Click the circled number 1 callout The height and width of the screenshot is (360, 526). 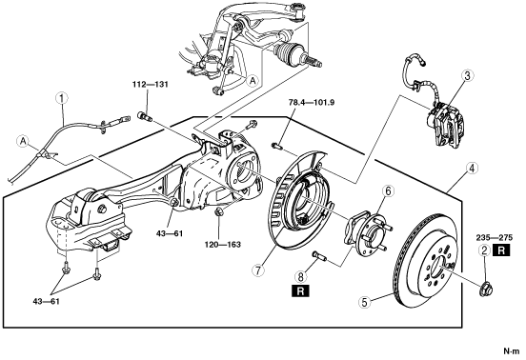pyautogui.click(x=62, y=98)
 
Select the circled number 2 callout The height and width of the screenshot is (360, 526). pyautogui.click(x=484, y=250)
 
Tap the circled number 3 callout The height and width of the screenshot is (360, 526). pyautogui.click(x=467, y=76)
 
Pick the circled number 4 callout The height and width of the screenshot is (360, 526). pyautogui.click(x=472, y=169)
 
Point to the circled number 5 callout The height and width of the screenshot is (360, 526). pyautogui.click(x=365, y=302)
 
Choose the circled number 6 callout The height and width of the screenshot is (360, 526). pyautogui.click(x=389, y=191)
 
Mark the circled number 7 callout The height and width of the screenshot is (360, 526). pyautogui.click(x=258, y=270)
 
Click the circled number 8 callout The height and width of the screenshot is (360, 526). pyautogui.click(x=300, y=276)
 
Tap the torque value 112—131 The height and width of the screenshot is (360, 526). pyautogui.click(x=150, y=85)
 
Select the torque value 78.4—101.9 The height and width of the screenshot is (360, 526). pyautogui.click(x=312, y=102)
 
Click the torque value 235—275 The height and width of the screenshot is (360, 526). pyautogui.click(x=495, y=238)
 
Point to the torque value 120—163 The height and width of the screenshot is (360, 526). pyautogui.click(x=223, y=245)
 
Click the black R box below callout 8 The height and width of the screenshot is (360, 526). pyautogui.click(x=300, y=290)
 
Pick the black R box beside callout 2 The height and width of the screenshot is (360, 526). pyautogui.click(x=501, y=250)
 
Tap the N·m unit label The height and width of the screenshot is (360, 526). pyautogui.click(x=512, y=351)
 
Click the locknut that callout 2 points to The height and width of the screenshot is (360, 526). pyautogui.click(x=485, y=290)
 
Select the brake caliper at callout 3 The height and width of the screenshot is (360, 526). pyautogui.click(x=445, y=124)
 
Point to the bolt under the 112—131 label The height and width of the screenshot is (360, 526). pyautogui.click(x=145, y=116)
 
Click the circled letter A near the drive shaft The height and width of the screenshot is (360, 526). pyautogui.click(x=253, y=80)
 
